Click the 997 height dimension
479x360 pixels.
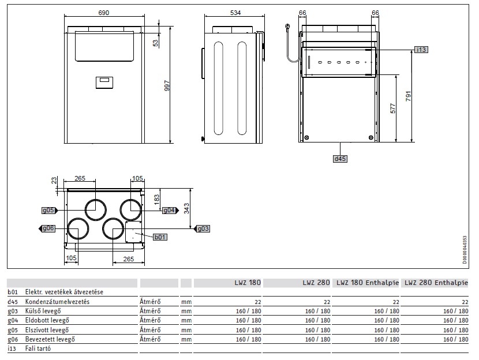(x=167, y=85)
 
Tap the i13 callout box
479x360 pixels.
(x=421, y=50)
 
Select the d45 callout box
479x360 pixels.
(x=340, y=158)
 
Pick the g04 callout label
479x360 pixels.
(x=168, y=210)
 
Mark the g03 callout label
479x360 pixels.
(x=203, y=228)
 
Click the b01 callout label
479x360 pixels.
(x=159, y=237)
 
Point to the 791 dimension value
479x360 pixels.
(x=408, y=95)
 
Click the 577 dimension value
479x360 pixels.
(x=393, y=108)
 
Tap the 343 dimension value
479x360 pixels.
(x=186, y=208)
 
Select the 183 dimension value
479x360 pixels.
(x=156, y=200)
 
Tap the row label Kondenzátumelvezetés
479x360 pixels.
(x=58, y=302)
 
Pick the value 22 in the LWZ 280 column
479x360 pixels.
(x=327, y=302)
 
